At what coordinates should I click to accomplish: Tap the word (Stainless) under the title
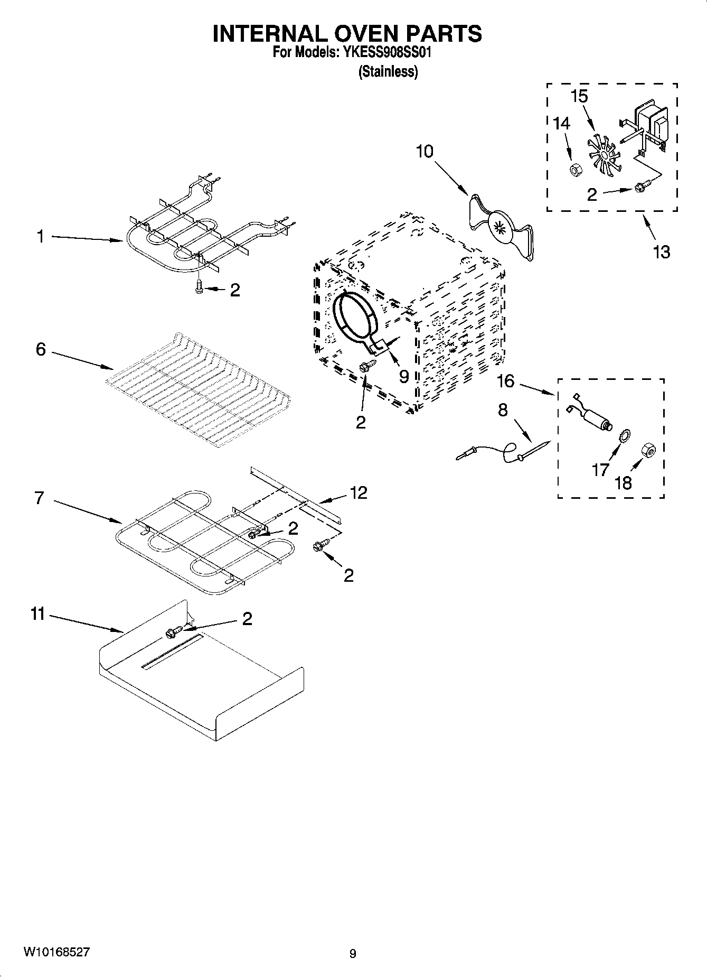coord(388,71)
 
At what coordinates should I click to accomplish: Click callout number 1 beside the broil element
coord(41,237)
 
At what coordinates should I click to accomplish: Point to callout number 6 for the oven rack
coord(41,349)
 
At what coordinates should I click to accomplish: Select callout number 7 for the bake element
coord(40,498)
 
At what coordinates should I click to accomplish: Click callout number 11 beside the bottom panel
coord(37,615)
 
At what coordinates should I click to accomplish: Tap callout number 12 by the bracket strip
coord(359,492)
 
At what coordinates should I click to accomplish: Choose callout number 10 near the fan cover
coord(425,151)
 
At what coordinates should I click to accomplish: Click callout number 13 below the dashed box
coord(661,252)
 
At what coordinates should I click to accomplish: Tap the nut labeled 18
coord(648,450)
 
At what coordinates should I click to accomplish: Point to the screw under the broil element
coord(200,287)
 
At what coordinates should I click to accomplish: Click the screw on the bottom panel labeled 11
coord(174,631)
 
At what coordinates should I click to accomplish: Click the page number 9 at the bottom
coord(353,953)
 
